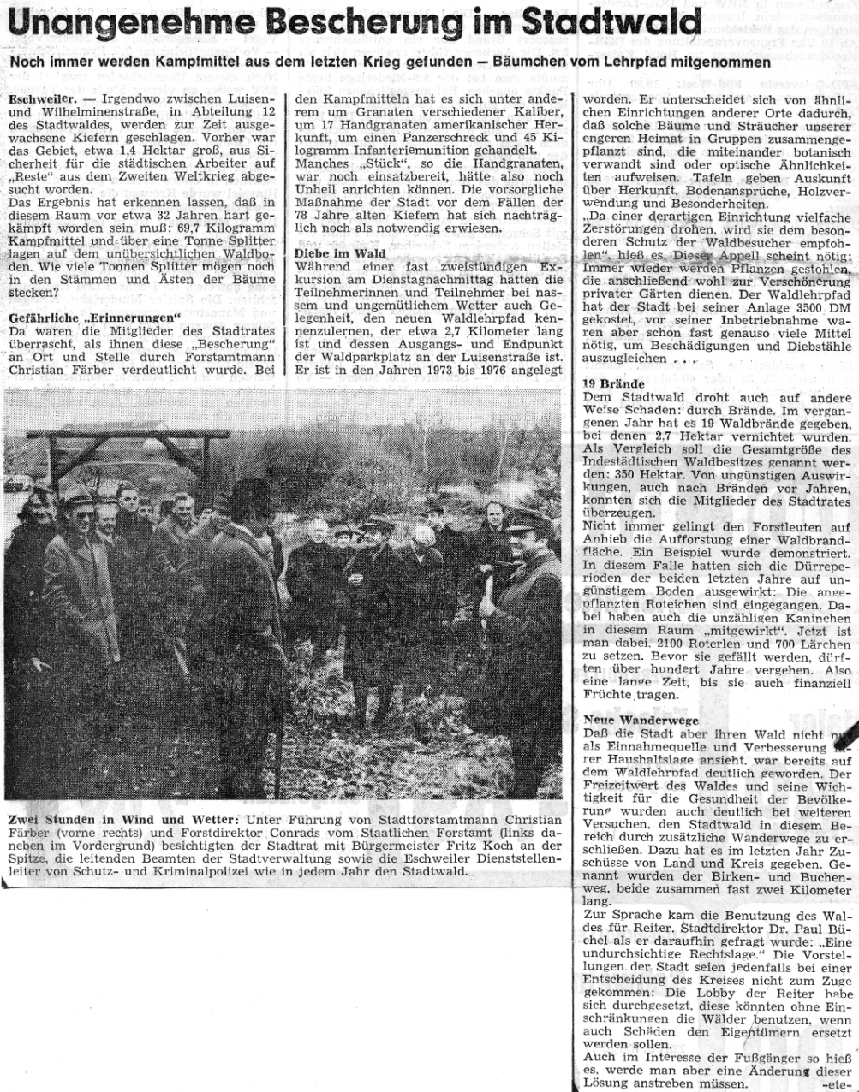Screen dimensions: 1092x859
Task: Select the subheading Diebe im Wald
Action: click(340, 254)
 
